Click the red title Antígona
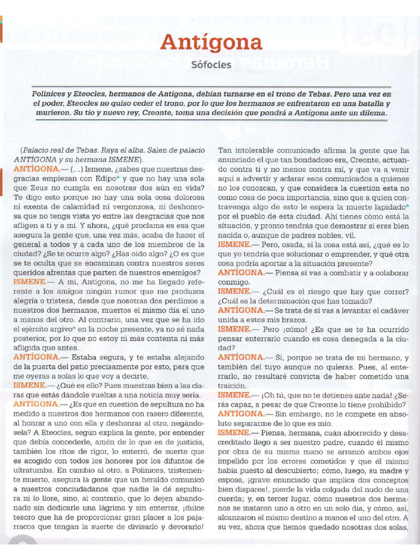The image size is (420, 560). tap(211, 42)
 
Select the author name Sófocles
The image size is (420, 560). tap(211, 65)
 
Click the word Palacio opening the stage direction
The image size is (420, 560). tap(37, 150)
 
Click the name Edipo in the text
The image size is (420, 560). tap(103, 178)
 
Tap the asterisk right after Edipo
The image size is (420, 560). tap(117, 177)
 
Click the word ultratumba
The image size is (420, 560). tap(33, 470)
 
